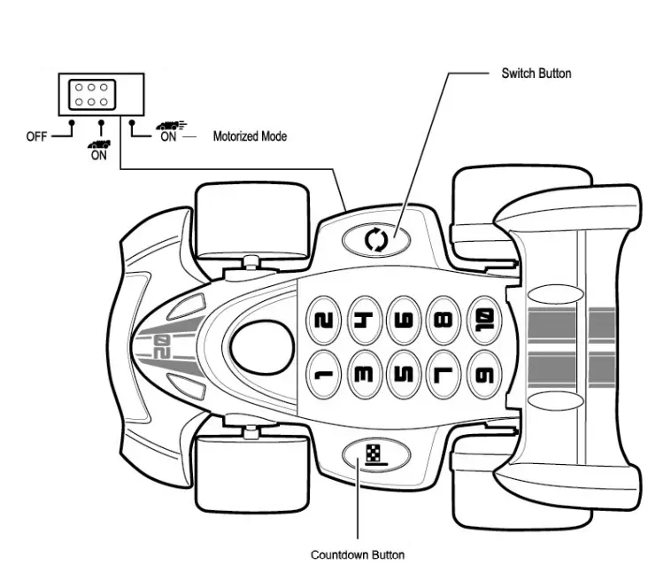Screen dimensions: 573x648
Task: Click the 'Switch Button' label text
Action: coord(536,73)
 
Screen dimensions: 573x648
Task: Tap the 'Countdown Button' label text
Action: coord(358,555)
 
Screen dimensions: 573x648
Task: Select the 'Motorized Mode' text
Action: coord(250,137)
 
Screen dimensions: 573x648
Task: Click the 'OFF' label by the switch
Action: coord(36,137)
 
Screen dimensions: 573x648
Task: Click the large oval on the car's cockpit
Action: coord(261,346)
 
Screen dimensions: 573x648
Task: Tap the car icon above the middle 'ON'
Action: coord(100,142)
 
